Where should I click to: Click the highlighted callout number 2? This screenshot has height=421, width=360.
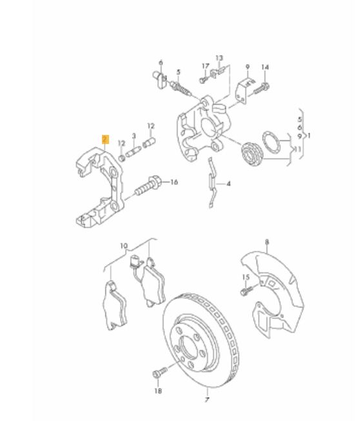point(105,139)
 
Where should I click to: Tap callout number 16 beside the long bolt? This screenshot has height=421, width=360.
point(174,182)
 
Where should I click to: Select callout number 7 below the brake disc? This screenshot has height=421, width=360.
point(207,400)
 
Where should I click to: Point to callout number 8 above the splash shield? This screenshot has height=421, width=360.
point(266,242)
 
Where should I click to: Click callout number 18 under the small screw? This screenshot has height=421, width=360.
point(158,391)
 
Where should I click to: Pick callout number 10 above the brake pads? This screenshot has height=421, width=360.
point(124,245)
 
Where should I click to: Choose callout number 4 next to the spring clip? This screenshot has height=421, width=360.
point(228,184)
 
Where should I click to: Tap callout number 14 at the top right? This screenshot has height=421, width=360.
point(265,67)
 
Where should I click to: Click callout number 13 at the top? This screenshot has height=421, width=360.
point(219,57)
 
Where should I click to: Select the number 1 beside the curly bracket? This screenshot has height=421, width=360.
point(309,136)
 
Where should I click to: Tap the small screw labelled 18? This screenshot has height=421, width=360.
point(159,373)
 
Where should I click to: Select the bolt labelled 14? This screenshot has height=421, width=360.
point(262,88)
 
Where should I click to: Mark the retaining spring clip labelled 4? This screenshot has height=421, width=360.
point(213,183)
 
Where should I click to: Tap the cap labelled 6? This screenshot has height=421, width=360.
point(159,79)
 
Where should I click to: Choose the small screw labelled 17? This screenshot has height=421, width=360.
point(203,79)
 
